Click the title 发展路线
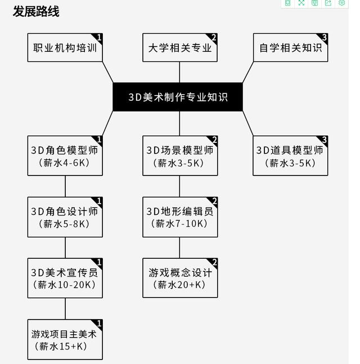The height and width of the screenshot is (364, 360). [36, 11]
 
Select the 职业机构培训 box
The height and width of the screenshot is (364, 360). [65, 48]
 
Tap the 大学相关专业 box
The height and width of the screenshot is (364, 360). [179, 48]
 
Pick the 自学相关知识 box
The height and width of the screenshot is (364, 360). [290, 48]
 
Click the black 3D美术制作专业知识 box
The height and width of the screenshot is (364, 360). [178, 97]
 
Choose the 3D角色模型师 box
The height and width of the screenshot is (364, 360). [65, 156]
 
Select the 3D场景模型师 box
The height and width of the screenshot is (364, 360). [179, 156]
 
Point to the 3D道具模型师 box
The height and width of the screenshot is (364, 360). [290, 156]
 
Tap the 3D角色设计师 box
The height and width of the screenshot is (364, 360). [65, 217]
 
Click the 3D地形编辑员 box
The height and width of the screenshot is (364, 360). [179, 217]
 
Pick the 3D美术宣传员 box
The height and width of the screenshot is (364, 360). [65, 278]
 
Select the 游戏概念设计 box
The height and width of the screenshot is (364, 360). [179, 278]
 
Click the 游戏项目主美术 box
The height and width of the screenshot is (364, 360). [65, 339]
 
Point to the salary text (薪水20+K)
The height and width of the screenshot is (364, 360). [179, 285]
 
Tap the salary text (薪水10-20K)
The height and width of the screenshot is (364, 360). [65, 285]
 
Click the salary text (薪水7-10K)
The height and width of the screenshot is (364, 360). [179, 224]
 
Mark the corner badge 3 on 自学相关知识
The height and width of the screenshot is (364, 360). [324, 37]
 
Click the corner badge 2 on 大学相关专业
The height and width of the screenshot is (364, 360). [214, 37]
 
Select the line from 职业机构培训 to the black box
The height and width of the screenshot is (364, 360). [108, 73]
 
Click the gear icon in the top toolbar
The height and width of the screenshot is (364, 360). [341, 3]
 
